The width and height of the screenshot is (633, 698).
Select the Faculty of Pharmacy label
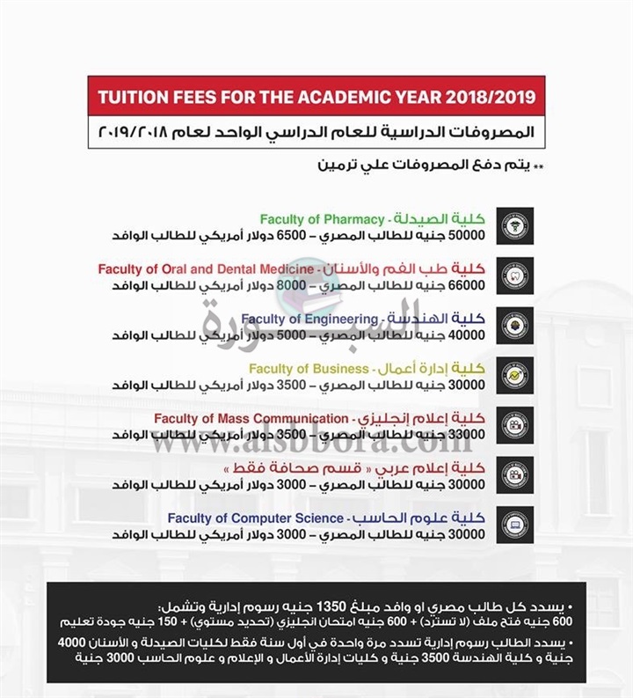coord(322,219)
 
